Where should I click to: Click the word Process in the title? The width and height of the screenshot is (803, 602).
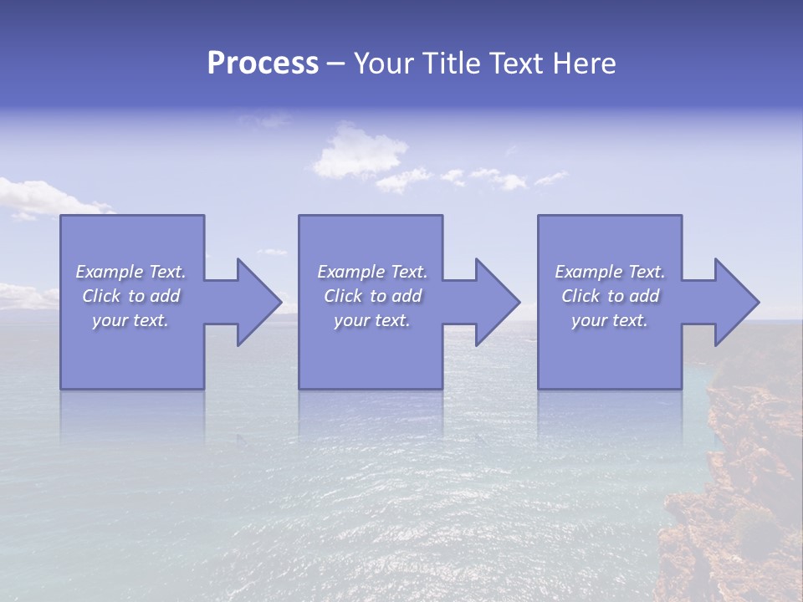[x=263, y=64]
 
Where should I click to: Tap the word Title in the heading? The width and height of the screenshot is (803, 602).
[x=449, y=64]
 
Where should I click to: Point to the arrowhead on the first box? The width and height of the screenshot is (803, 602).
[x=255, y=302]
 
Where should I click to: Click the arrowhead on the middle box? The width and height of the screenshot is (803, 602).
[x=494, y=302]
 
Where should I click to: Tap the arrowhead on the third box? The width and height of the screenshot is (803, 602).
[x=734, y=302]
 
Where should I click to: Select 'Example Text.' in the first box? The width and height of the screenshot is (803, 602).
[x=130, y=272]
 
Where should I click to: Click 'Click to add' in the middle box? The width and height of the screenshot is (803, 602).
[x=372, y=296]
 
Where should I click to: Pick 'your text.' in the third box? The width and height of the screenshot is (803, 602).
[x=609, y=320]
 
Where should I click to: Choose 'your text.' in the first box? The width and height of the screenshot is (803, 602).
[x=130, y=320]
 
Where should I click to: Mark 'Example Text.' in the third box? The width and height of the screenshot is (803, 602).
[x=609, y=272]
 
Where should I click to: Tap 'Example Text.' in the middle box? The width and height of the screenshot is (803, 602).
[x=372, y=272]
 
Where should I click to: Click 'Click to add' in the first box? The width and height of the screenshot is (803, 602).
[x=130, y=296]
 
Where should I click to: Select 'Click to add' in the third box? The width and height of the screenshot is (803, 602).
[x=610, y=296]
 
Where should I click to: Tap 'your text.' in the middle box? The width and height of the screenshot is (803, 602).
[x=371, y=320]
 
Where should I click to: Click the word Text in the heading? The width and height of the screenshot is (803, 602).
[x=518, y=64]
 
